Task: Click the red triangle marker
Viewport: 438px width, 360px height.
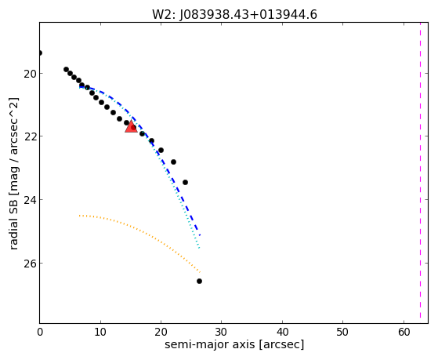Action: [131, 127]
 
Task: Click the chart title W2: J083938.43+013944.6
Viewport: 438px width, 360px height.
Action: [234, 14]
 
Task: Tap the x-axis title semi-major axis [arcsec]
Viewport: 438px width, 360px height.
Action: [234, 344]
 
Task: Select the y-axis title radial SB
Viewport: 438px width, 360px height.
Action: [13, 173]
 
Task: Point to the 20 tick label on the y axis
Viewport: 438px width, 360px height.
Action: [30, 74]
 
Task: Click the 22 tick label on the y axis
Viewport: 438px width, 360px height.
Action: [30, 136]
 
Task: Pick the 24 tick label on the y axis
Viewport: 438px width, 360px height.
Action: [30, 200]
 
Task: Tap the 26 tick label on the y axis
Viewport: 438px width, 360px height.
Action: [30, 264]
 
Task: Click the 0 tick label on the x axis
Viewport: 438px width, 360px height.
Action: [40, 332]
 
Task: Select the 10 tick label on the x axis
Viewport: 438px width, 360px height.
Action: [100, 332]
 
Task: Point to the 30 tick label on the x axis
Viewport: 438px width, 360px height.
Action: [222, 332]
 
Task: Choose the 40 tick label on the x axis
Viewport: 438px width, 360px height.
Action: [282, 332]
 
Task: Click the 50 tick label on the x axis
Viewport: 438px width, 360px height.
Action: [343, 332]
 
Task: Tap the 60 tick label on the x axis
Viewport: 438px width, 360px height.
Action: [404, 332]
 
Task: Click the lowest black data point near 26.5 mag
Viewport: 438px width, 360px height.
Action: [199, 281]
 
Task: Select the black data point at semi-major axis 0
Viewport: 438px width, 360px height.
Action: [40, 53]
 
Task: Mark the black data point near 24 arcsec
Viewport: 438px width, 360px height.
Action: [185, 183]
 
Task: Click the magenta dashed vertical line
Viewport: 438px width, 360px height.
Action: [420, 173]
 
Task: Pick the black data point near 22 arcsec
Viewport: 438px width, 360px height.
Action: [173, 162]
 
